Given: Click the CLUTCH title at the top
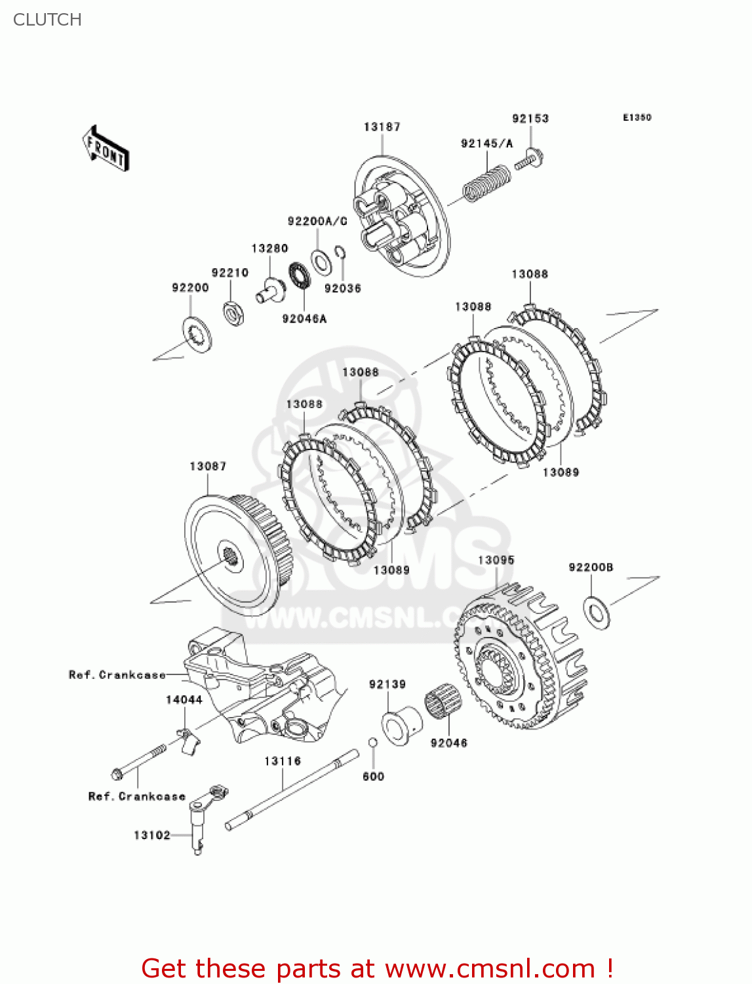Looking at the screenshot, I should click(x=47, y=20).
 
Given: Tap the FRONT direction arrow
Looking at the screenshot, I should click(x=106, y=149).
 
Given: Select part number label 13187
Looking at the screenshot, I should click(x=382, y=127).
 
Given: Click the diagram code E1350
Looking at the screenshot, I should click(x=637, y=117).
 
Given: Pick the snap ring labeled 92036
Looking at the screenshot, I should click(x=340, y=254).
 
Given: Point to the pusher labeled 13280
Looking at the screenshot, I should click(x=270, y=289).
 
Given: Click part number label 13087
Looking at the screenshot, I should click(x=208, y=466).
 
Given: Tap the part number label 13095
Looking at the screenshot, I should click(x=496, y=560).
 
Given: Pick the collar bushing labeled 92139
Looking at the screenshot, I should click(x=401, y=724).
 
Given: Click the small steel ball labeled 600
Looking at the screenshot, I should click(x=372, y=742).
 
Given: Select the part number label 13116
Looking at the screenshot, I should click(x=283, y=761).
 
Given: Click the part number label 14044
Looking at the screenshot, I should click(x=184, y=699).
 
